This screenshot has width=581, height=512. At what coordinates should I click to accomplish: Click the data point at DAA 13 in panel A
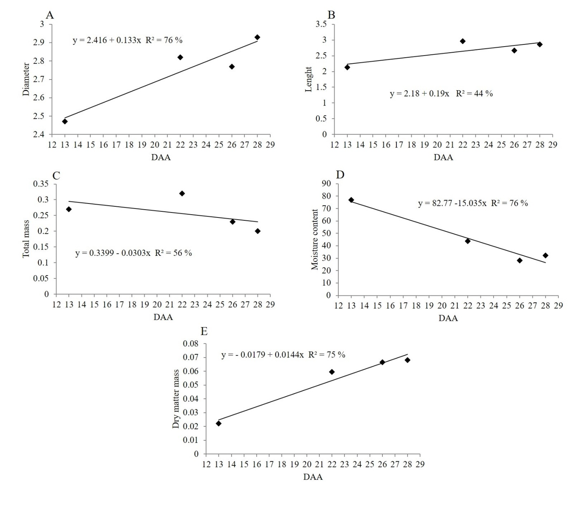point(65,121)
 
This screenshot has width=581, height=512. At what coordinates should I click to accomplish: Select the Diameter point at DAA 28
point(257,37)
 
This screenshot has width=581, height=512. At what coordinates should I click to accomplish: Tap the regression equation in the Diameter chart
point(127,40)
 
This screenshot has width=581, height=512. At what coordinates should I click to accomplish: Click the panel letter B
point(331,15)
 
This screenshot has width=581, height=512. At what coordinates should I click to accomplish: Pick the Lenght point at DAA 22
point(463,41)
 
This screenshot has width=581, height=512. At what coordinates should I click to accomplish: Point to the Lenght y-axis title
point(309,79)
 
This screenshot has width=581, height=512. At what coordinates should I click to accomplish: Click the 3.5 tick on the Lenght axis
point(321,24)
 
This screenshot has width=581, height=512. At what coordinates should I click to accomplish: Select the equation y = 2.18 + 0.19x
point(441,94)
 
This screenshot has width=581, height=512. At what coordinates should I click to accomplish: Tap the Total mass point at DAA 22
point(182,193)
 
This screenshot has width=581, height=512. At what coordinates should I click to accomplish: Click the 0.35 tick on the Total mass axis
point(41,184)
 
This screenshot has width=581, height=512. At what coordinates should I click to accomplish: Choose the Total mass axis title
point(26,239)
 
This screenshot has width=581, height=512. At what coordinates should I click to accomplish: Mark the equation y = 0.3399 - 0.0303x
point(134,253)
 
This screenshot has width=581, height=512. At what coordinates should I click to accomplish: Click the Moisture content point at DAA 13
point(351,200)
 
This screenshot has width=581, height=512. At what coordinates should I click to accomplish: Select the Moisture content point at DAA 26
point(520,260)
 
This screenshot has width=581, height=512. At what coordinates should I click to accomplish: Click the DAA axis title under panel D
point(448,318)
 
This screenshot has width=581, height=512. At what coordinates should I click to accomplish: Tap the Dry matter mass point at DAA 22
point(332,372)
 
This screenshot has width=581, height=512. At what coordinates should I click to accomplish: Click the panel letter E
point(204,332)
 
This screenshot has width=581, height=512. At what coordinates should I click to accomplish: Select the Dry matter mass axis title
point(176,399)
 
